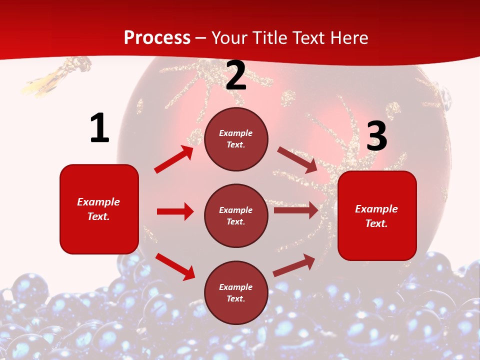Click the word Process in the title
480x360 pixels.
(157, 37)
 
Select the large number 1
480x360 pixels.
(99, 128)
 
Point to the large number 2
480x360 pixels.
(236, 76)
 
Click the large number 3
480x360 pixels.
(376, 136)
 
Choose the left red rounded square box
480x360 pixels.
(99, 209)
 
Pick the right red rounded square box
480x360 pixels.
(377, 215)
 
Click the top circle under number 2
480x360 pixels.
(236, 139)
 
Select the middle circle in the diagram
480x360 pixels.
(236, 215)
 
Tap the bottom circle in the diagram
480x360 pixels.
(236, 292)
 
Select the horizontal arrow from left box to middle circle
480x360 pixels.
(175, 211)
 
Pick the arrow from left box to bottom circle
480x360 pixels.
(175, 266)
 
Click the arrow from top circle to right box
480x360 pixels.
(297, 160)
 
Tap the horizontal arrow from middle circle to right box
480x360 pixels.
(296, 210)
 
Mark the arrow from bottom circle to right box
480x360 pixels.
(294, 265)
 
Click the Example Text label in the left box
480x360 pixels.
(98, 209)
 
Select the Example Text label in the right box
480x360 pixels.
(376, 216)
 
